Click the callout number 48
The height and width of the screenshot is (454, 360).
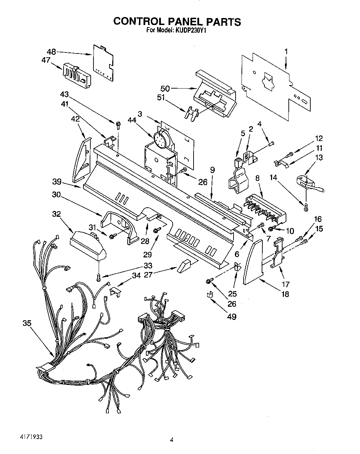(51, 52)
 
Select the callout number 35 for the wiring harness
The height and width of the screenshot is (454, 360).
(27, 323)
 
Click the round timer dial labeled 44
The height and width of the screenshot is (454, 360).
(160, 139)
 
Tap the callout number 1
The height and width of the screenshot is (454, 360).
(286, 52)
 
